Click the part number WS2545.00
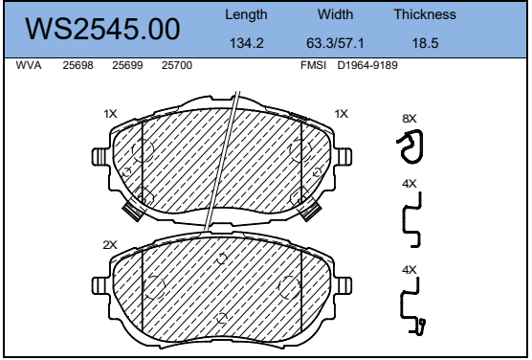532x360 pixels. [102, 30]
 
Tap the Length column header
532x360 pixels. [246, 15]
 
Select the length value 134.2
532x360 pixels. [247, 43]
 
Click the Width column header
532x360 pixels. [335, 14]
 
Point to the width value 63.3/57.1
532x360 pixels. [335, 43]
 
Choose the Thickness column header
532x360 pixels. [425, 14]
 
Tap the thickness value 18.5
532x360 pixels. [425, 43]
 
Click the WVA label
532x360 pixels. [29, 65]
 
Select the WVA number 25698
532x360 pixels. [78, 65]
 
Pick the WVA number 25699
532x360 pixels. [127, 65]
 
